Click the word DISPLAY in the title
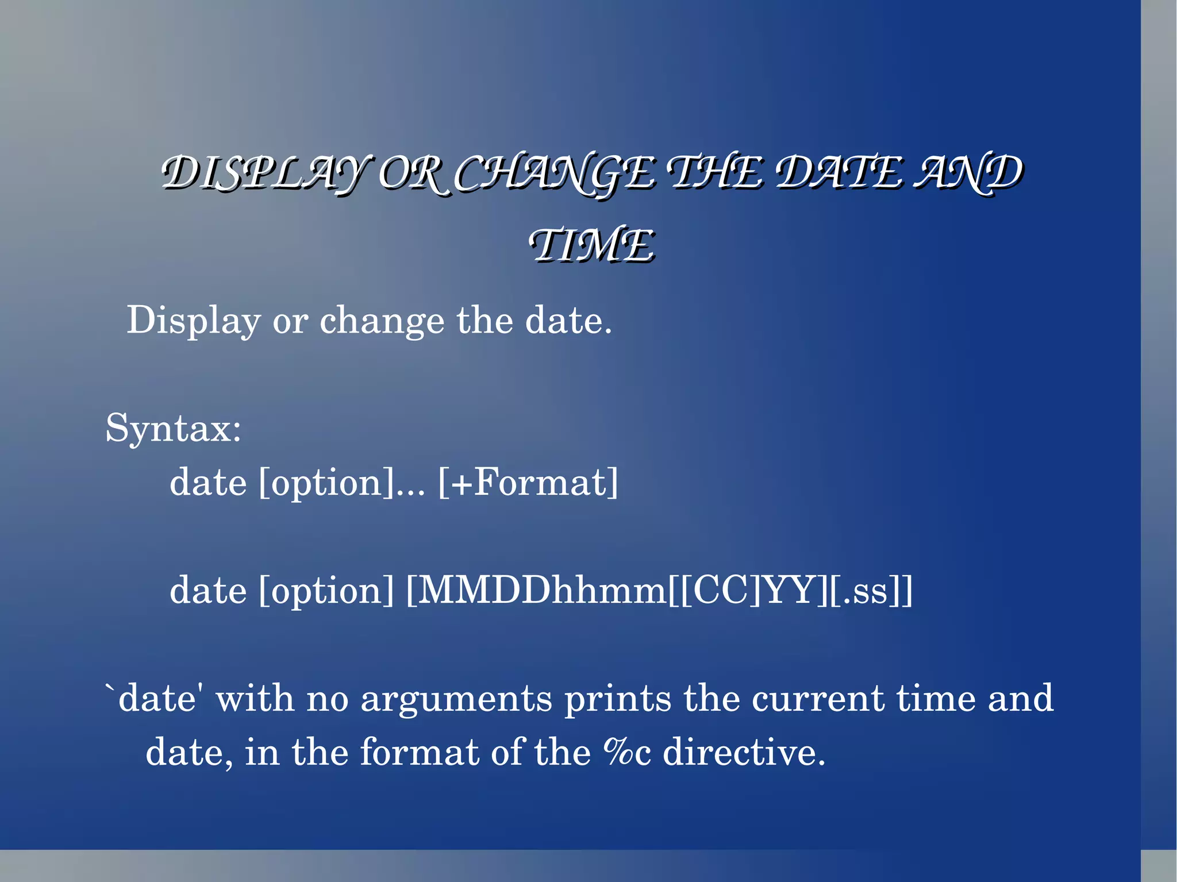[261, 174]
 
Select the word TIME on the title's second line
[592, 245]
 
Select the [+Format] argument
[528, 482]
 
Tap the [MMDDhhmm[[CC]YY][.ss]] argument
[659, 591]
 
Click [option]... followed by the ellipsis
[342, 483]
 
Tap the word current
[818, 699]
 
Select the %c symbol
[627, 752]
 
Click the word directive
[744, 752]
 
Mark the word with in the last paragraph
[255, 699]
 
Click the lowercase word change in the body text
[382, 321]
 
